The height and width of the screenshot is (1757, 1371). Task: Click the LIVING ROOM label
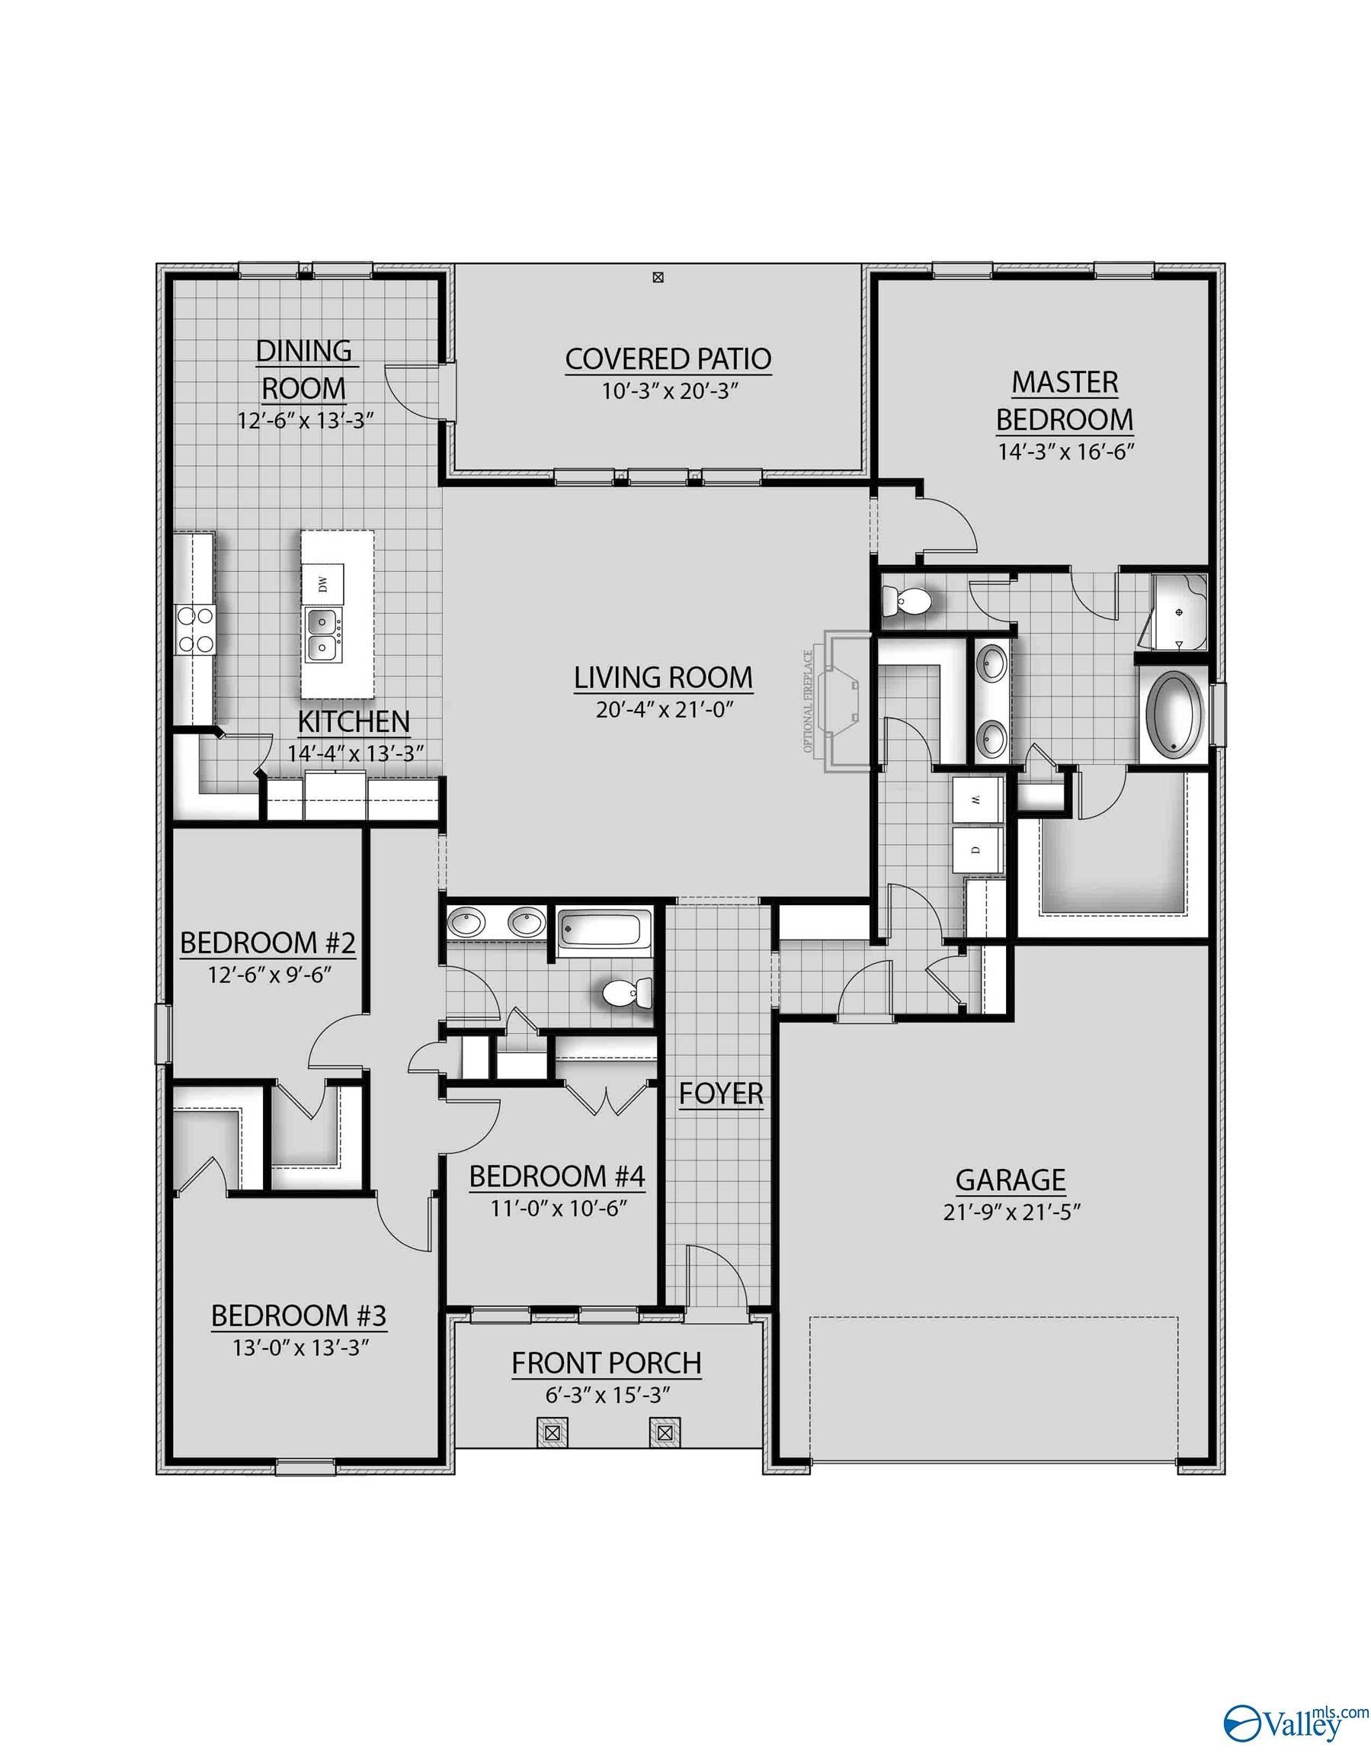tap(663, 677)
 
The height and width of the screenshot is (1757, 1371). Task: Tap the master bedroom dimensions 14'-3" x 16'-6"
tap(1065, 452)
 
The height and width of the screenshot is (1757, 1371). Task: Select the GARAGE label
tap(1010, 1180)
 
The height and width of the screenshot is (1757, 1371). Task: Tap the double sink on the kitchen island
tap(325, 633)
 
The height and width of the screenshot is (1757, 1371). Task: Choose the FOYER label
tap(720, 1094)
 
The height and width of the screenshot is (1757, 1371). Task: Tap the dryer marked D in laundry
tap(976, 850)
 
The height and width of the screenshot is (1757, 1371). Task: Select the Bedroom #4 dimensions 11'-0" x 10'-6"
tap(557, 1207)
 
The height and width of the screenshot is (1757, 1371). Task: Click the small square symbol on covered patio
tap(658, 278)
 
